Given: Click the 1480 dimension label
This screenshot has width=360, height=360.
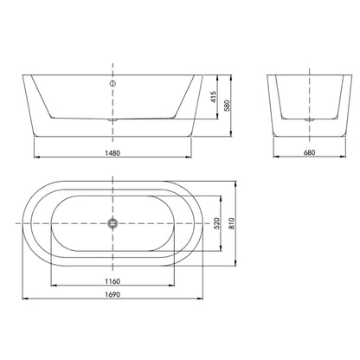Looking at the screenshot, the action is click(112, 153).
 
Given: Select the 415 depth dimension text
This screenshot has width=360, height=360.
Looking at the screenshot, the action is click(213, 98).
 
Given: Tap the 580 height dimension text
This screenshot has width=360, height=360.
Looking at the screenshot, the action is click(227, 106).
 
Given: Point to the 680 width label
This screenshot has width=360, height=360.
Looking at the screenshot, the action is click(309, 152).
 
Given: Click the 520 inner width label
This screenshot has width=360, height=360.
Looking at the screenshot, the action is click(217, 223).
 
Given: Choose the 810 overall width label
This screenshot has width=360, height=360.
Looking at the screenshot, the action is click(232, 223).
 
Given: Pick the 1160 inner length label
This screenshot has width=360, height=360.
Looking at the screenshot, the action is click(112, 281).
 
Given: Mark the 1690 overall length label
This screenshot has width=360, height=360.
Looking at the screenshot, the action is click(112, 294).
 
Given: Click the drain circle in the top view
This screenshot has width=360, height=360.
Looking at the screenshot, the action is click(112, 223).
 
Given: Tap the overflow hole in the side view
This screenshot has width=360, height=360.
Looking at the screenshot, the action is click(112, 84).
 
